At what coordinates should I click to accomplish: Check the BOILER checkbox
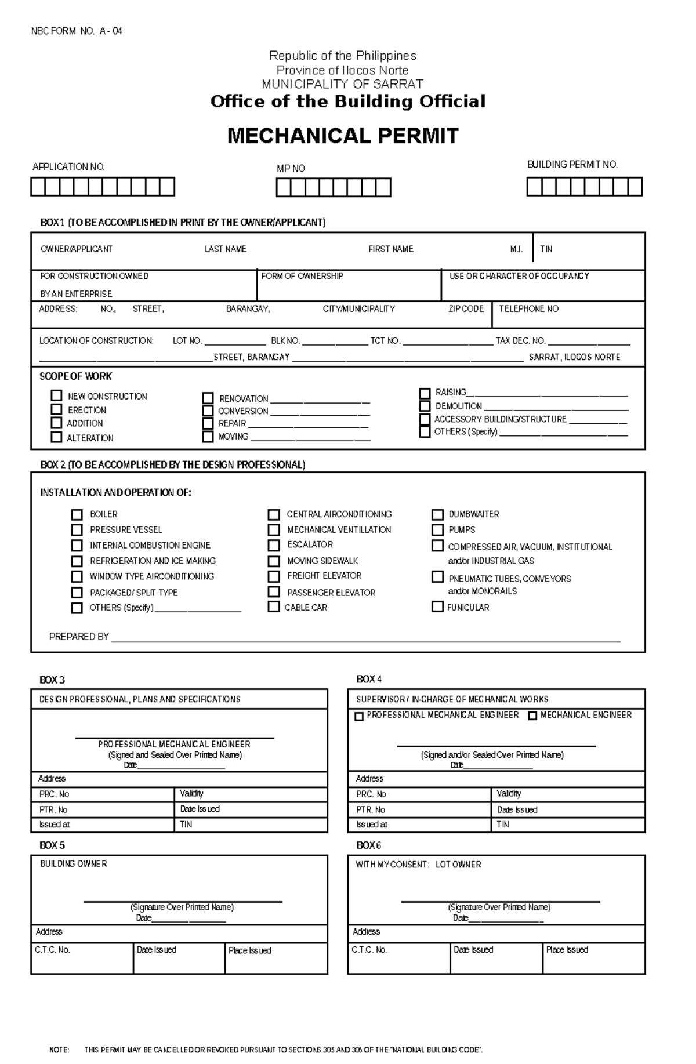[77, 514]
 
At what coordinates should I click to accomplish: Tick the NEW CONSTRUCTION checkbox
[56, 395]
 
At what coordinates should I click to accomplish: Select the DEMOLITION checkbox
[425, 406]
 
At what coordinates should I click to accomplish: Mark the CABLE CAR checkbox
[274, 607]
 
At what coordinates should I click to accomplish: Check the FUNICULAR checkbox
[437, 607]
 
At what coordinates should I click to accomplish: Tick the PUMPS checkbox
[437, 529]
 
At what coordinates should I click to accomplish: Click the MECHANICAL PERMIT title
[343, 136]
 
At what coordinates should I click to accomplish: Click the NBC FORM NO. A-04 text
[77, 31]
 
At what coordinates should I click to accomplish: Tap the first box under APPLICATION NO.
[38, 187]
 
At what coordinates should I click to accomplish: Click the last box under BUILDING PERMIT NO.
[635, 187]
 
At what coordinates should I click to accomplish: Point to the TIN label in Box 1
[546, 249]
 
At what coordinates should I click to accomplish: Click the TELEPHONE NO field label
[528, 309]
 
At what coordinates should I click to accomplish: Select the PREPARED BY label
[79, 637]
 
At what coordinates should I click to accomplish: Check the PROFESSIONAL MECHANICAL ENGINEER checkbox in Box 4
[359, 717]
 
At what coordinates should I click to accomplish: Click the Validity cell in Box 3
[191, 793]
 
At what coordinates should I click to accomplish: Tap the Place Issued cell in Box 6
[567, 950]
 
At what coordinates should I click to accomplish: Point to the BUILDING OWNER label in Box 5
[73, 864]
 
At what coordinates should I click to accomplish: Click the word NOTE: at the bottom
[59, 1050]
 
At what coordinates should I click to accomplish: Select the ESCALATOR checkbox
[274, 545]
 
